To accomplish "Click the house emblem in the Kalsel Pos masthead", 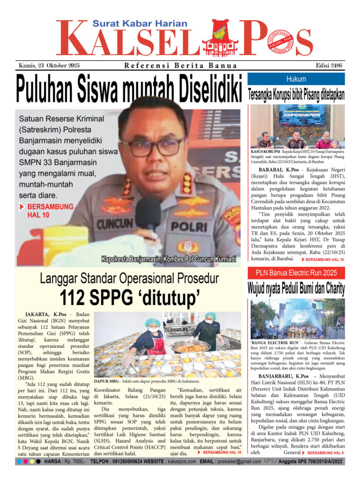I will point(220,39).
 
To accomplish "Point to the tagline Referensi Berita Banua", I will point(181,65).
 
